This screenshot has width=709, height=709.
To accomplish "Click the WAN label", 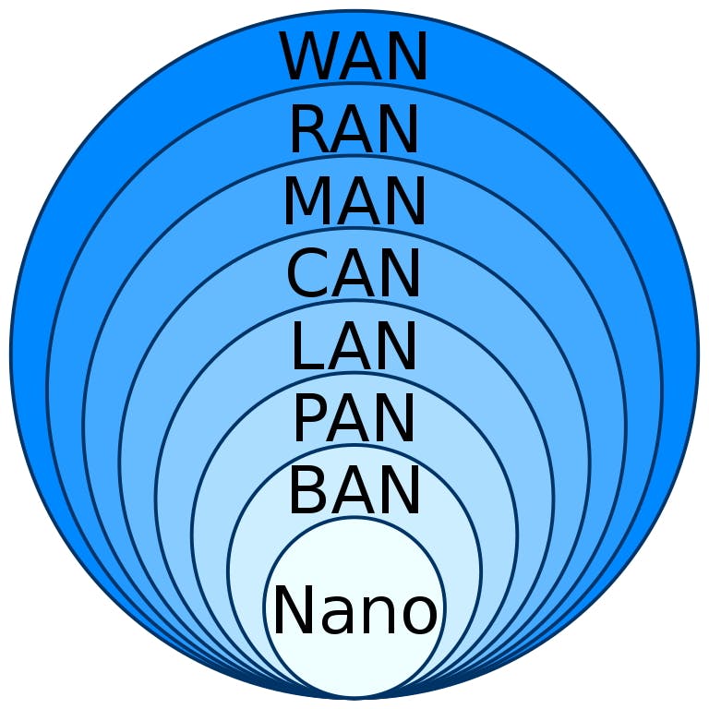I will pyautogui.click(x=354, y=56).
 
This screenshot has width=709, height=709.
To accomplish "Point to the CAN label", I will pyautogui.click(x=354, y=273).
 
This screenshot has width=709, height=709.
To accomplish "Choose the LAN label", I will pyautogui.click(x=354, y=346).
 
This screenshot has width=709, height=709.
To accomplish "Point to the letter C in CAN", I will pyautogui.click(x=308, y=273).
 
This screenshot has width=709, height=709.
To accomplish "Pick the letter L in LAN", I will pyautogui.click(x=307, y=346).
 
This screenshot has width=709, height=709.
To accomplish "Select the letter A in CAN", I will pyautogui.click(x=355, y=273).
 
